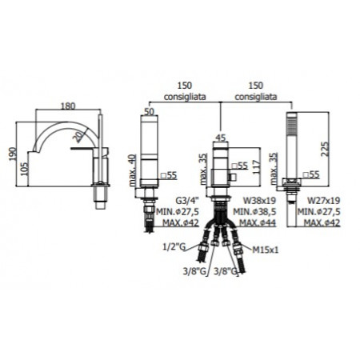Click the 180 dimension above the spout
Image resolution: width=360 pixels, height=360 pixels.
68,106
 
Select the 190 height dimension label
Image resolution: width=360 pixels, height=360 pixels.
13,154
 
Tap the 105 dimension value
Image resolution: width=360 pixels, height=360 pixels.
24,169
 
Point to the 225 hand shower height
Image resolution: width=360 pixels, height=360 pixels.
326,150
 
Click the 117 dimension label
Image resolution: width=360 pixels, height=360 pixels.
256,167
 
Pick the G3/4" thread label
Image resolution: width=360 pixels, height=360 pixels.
187,200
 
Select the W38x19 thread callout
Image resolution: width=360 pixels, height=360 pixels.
259,200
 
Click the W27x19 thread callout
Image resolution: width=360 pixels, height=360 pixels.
324,200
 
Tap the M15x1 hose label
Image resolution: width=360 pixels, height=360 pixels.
266,250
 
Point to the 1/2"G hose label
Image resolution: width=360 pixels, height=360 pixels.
174,247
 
